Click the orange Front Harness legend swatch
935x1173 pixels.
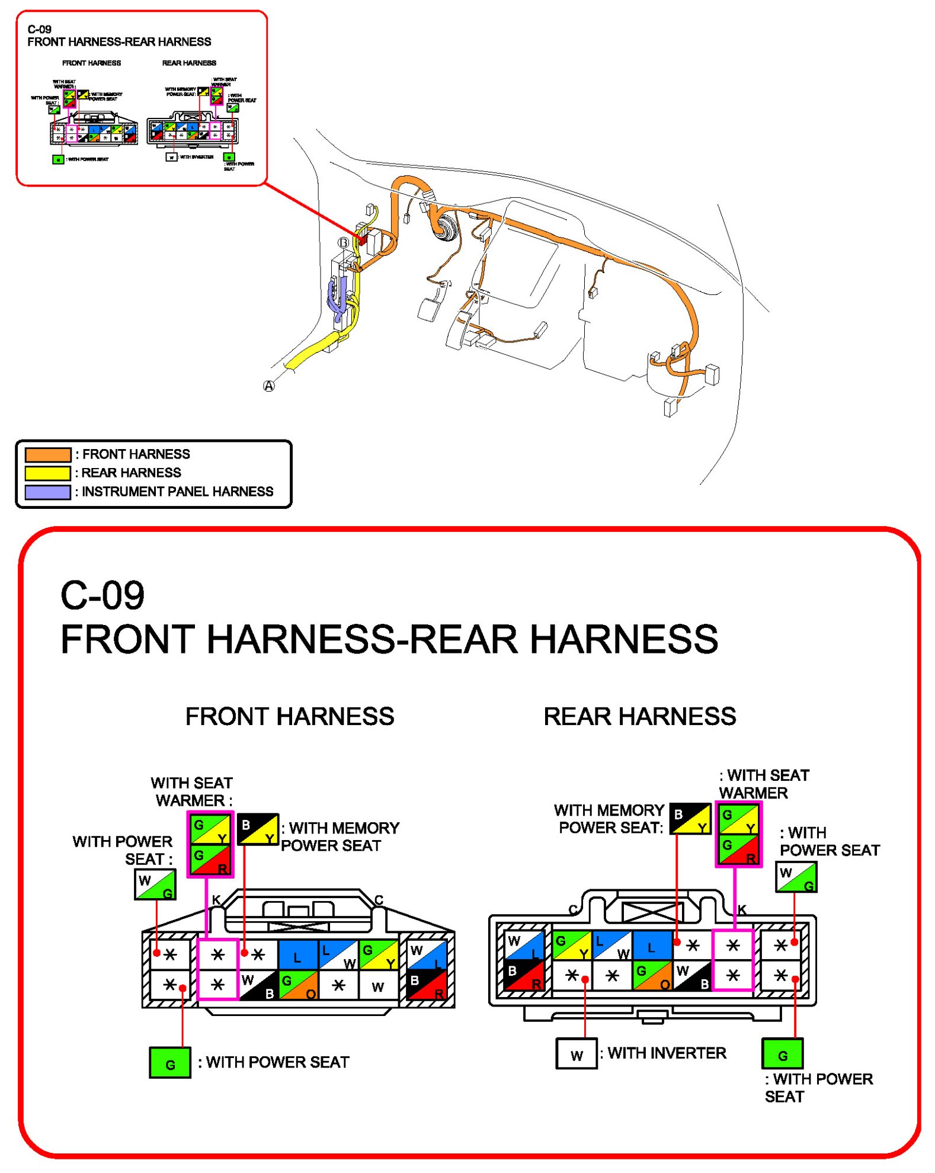[47, 454]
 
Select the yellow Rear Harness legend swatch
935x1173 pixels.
[47, 473]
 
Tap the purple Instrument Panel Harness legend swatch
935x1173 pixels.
[47, 492]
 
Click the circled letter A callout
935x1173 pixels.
[268, 386]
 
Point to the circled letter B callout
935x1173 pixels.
[343, 242]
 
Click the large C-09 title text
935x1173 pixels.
[103, 595]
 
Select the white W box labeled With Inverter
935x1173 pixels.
[576, 1053]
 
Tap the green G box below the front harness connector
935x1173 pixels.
[169, 1062]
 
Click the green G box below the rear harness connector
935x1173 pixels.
[782, 1053]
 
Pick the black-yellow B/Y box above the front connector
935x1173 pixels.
[258, 829]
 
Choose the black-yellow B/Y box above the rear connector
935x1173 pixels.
[690, 818]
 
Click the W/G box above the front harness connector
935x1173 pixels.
[155, 884]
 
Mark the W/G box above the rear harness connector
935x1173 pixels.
[796, 876]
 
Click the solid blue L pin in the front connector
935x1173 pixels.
[297, 954]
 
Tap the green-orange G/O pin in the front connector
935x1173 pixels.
[297, 985]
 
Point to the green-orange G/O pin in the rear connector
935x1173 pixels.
[652, 975]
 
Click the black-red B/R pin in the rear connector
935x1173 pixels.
[524, 975]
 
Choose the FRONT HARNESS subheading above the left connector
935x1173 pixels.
[289, 716]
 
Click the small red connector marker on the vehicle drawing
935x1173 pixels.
[362, 239]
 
